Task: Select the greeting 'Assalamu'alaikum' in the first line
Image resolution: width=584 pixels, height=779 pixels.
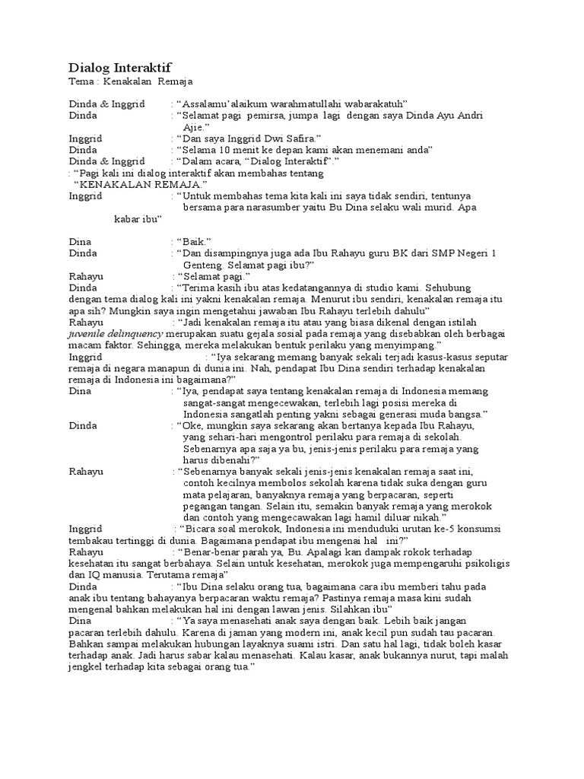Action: (x=221, y=103)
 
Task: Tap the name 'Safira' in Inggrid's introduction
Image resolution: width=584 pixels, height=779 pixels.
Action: (x=282, y=138)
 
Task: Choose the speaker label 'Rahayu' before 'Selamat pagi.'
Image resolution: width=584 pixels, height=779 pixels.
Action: (x=86, y=276)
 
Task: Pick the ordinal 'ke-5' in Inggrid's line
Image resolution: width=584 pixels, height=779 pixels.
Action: (x=433, y=528)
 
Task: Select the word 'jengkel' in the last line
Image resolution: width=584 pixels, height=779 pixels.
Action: (x=86, y=666)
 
